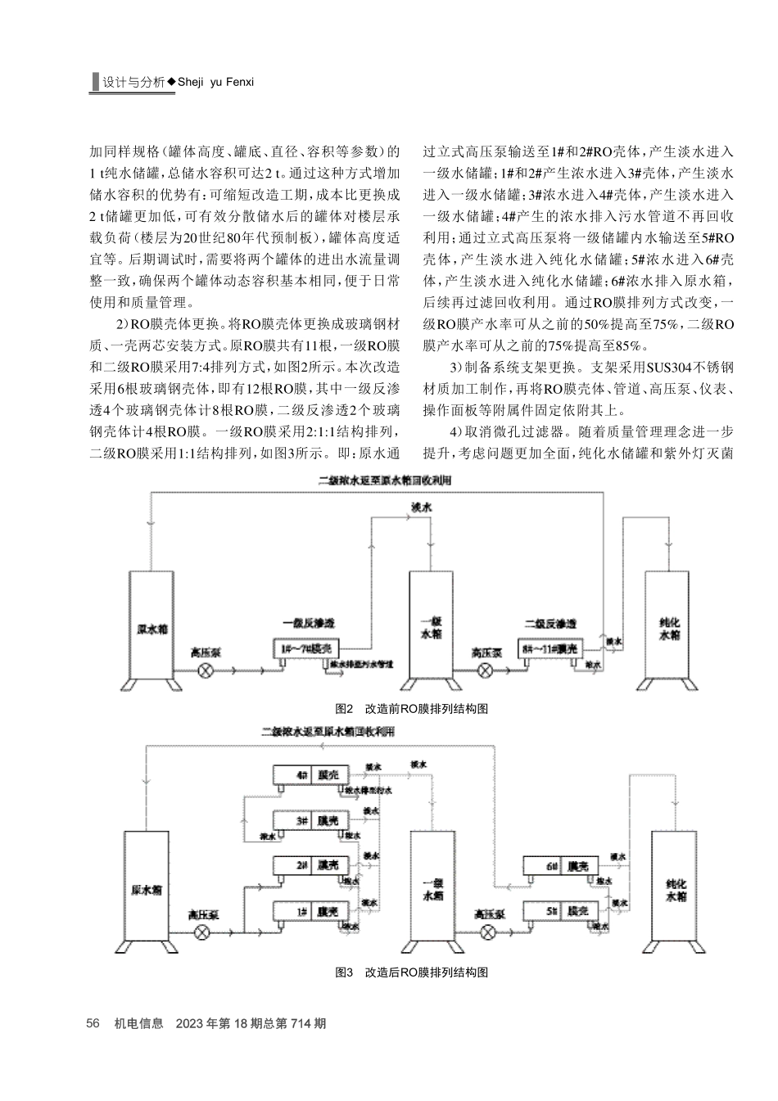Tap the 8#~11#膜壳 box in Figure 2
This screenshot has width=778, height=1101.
(549, 648)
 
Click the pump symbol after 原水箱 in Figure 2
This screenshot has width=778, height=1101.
(205, 670)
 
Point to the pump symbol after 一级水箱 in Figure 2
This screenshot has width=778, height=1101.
(486, 670)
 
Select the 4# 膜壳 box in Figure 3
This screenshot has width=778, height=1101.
(312, 774)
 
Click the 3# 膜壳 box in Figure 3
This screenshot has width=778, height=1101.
(312, 820)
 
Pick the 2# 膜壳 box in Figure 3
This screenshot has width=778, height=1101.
(312, 865)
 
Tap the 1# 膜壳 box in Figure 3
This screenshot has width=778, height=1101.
(312, 911)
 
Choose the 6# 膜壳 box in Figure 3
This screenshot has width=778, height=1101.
(562, 866)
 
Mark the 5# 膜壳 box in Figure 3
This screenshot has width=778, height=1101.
(562, 911)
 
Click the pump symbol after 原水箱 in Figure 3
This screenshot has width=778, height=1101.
(203, 932)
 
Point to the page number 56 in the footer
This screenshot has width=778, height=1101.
(93, 1023)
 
